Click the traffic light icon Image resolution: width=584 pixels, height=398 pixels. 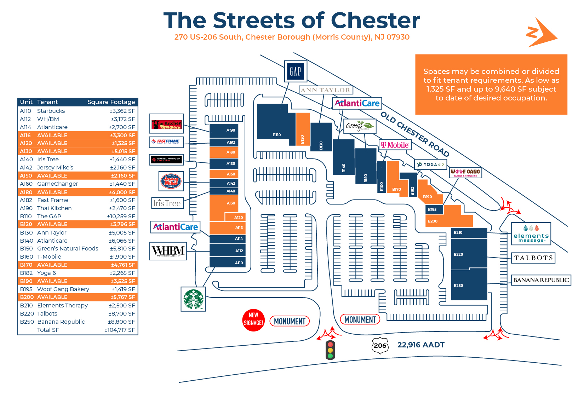point(330,350)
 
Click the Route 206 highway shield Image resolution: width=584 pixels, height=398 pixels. point(380,345)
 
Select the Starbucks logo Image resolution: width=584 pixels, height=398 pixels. point(193,299)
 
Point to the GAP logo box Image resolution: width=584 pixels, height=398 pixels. point(296,71)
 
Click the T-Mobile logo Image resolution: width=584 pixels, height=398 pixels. point(395,145)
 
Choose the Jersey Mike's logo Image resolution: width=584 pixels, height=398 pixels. point(171,181)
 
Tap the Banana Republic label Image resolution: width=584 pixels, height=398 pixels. point(541,280)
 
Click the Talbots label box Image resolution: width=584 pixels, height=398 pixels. point(533,258)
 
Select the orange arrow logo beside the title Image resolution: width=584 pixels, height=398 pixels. point(540,33)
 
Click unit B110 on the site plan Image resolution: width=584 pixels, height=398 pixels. point(276,122)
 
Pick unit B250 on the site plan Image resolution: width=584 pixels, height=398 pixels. point(469,284)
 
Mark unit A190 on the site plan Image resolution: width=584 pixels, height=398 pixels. point(224,131)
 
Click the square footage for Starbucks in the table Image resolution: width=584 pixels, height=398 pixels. point(122,111)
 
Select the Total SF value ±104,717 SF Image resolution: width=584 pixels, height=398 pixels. point(120,330)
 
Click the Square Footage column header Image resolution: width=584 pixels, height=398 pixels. point(111,102)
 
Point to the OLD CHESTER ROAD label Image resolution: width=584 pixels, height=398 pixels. point(415,134)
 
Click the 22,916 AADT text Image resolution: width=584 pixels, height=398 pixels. point(421,345)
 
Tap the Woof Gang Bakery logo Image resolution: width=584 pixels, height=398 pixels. point(465,173)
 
